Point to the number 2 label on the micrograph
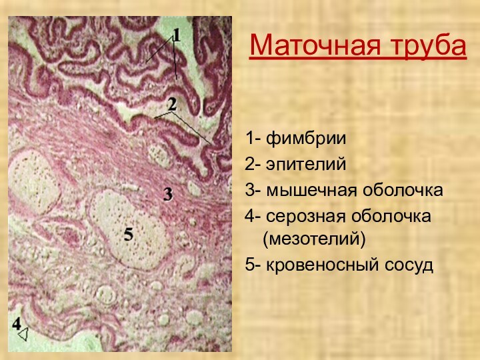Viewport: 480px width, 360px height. pos(172,103)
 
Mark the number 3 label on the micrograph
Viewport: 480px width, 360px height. pos(169,194)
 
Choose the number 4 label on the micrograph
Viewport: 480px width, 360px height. pos(16,323)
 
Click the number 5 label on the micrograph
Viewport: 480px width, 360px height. pos(129,233)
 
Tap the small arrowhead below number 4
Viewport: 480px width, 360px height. pos(23,335)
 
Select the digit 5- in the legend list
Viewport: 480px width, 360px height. pos(253,265)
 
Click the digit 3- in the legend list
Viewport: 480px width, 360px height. pos(253,191)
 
